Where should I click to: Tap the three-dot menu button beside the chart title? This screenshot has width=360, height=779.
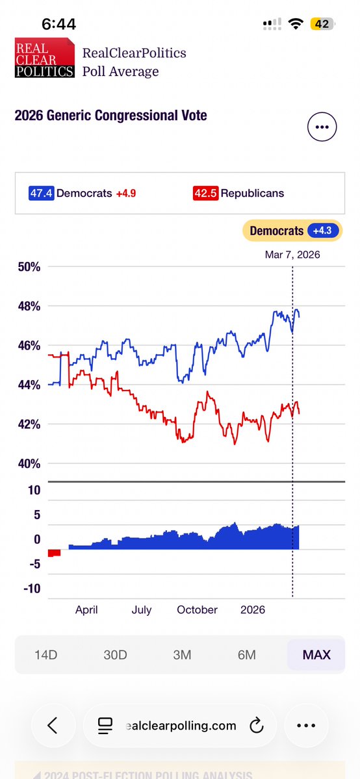(322, 127)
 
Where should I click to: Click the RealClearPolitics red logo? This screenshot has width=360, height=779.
(44, 58)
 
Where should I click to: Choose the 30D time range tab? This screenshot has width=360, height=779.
(115, 654)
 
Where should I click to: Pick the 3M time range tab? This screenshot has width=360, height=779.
(182, 654)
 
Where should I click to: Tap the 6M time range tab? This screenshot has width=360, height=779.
(247, 654)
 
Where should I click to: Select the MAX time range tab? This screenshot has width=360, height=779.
(316, 654)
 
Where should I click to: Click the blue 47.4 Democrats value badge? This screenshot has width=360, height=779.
(42, 193)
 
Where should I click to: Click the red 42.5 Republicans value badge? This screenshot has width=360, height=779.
(205, 193)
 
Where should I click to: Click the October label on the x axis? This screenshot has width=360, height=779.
(197, 609)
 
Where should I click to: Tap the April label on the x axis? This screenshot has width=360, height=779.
(86, 609)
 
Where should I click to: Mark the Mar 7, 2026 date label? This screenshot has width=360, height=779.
(292, 255)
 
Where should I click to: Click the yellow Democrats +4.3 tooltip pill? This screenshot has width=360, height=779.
(292, 231)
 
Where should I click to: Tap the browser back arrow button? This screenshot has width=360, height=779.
(53, 725)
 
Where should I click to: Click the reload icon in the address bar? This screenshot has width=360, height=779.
(255, 725)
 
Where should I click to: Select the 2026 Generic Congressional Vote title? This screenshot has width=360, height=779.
(110, 116)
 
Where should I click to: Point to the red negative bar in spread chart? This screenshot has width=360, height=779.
(54, 553)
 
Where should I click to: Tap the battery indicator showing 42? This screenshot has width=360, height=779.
(322, 24)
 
